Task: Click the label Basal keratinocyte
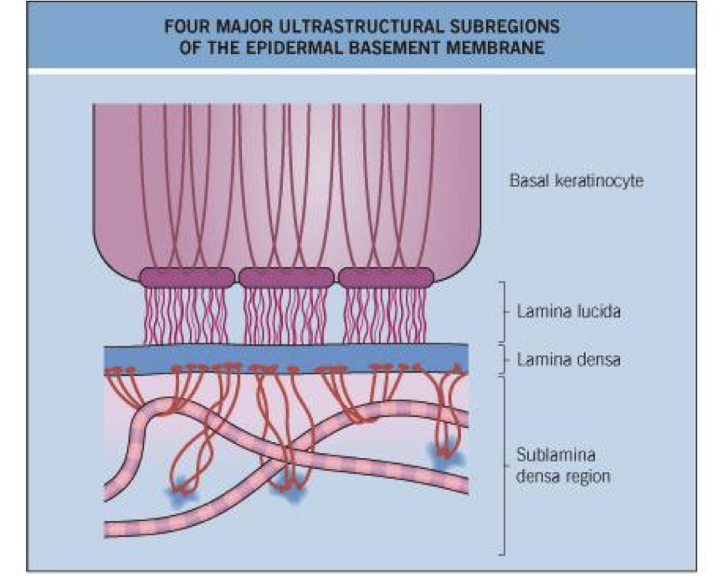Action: coord(576,180)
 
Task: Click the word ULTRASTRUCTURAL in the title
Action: coord(344,26)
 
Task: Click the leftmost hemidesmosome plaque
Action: coord(187,277)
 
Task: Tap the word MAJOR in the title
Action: coord(244,26)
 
